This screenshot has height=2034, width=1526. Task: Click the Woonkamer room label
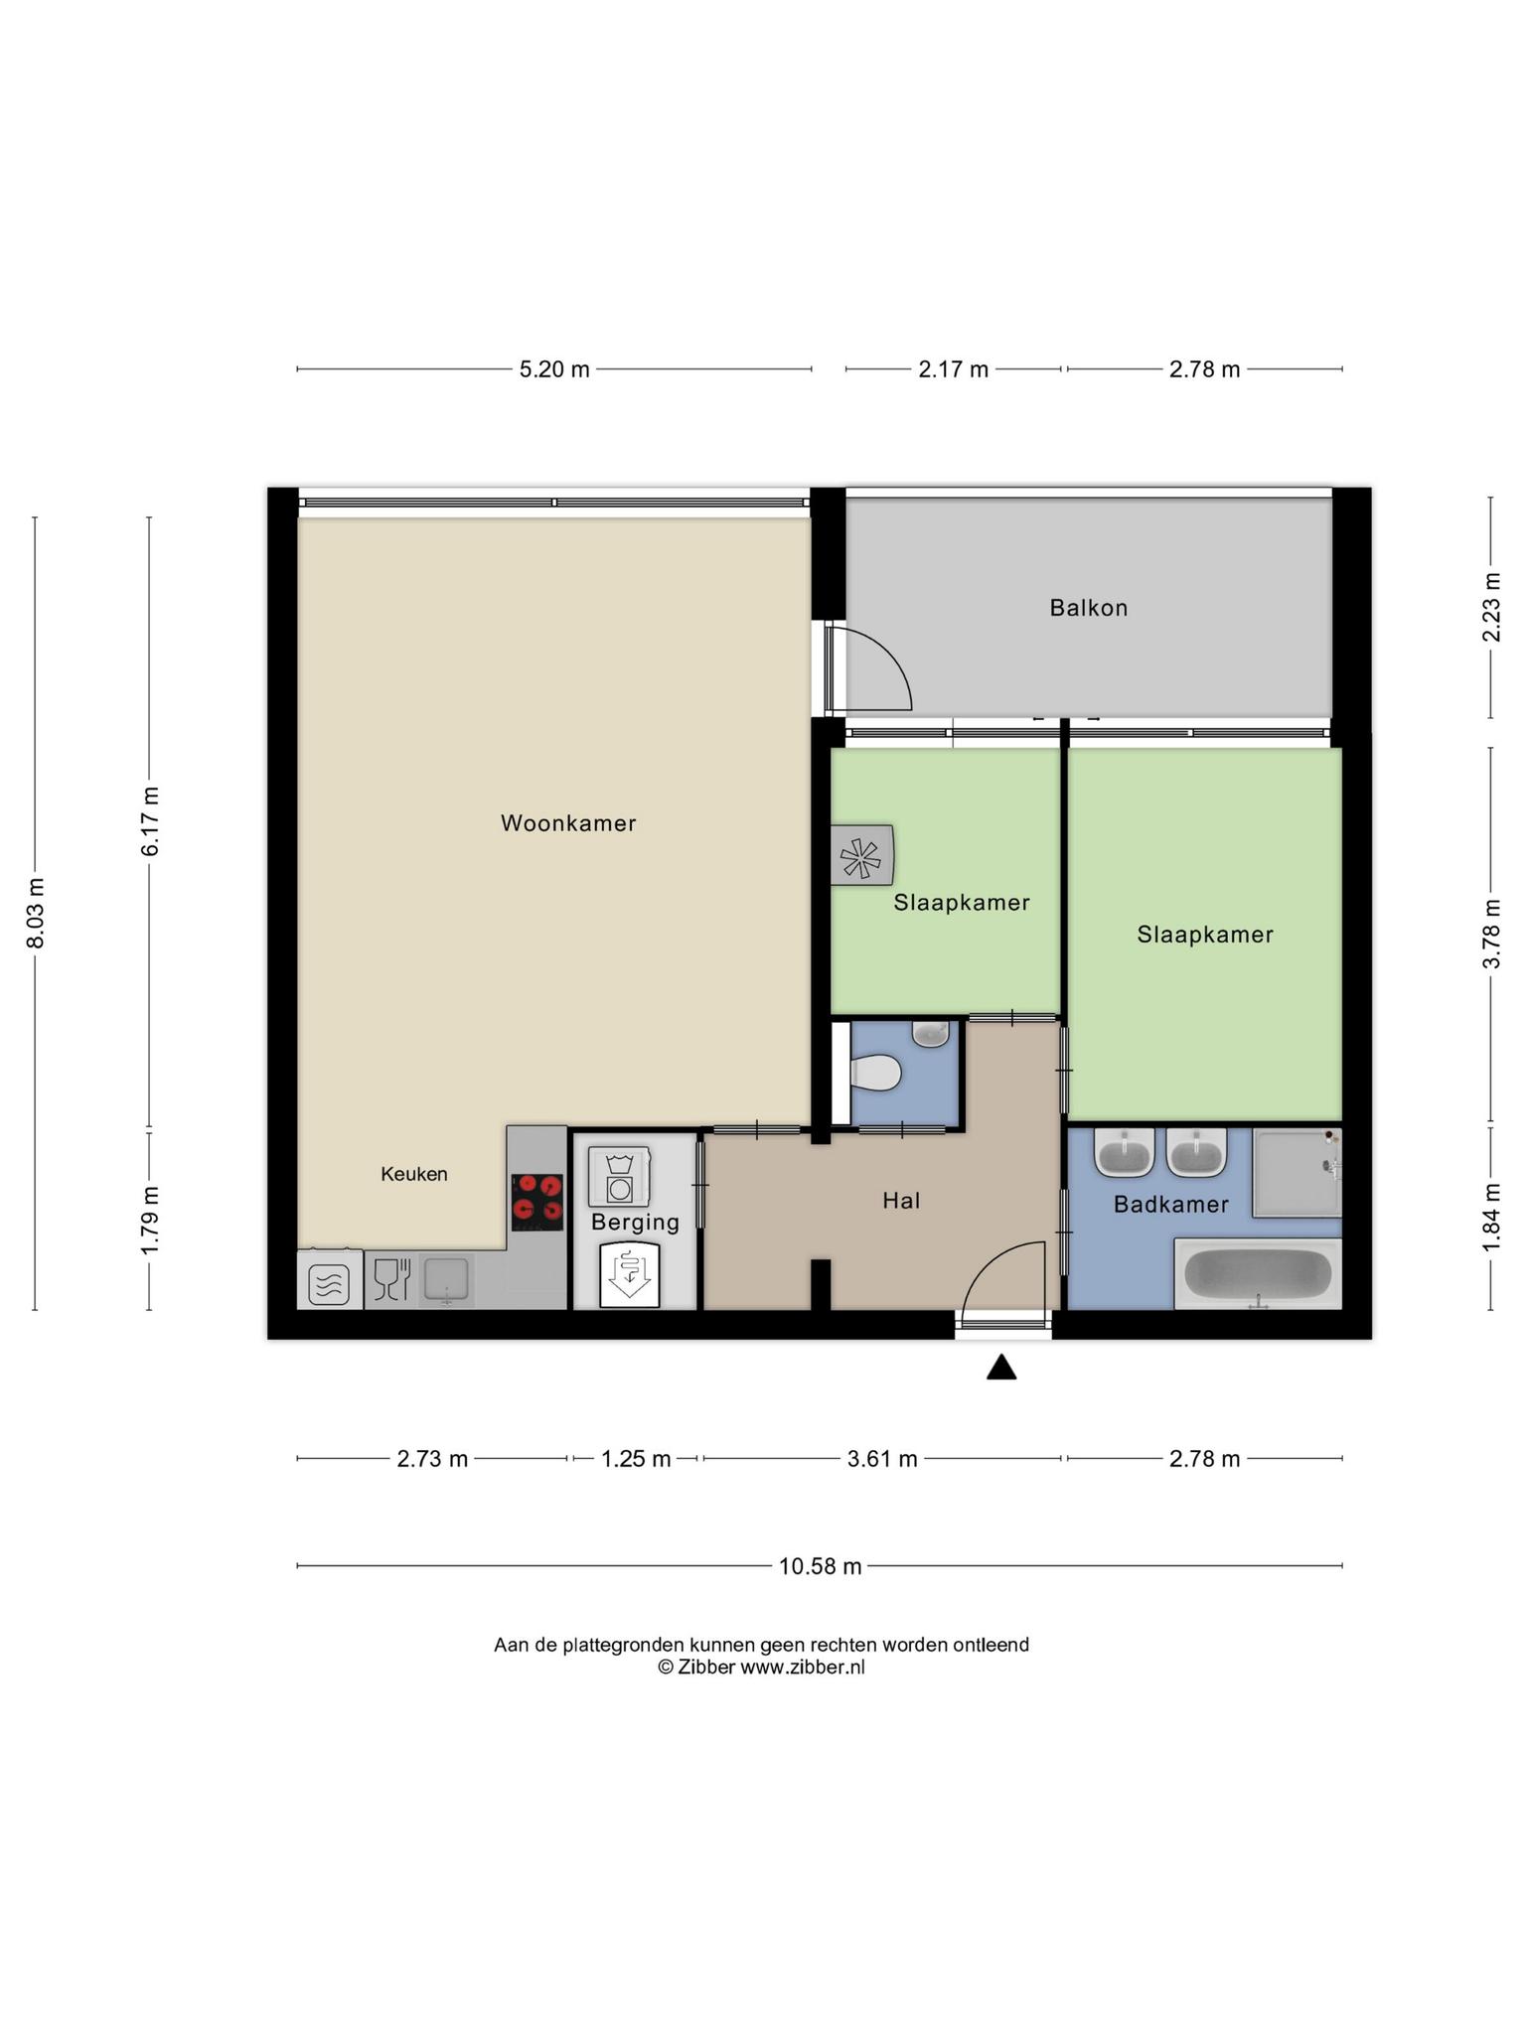point(568,823)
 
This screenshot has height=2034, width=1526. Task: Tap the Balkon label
point(1089,608)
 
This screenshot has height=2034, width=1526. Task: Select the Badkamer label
point(1171,1205)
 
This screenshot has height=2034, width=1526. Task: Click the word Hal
point(902,1201)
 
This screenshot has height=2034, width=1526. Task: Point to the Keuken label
point(414,1174)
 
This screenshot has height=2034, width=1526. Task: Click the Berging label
point(636,1223)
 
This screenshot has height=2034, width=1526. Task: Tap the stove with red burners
point(537,1203)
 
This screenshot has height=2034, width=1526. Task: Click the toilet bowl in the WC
point(876,1073)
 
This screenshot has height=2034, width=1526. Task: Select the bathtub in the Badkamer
point(1258,1274)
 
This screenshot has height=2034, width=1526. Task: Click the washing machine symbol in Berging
point(619,1178)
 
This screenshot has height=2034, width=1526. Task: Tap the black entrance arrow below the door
point(1001,1368)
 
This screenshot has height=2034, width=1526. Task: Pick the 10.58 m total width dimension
point(820,1566)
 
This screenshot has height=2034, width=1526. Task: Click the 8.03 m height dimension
point(36,913)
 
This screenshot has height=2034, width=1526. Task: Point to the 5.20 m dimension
point(554,369)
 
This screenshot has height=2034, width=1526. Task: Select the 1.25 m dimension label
point(636,1459)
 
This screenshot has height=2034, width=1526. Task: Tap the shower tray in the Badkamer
point(1297,1173)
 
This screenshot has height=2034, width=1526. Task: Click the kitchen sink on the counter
point(446,1280)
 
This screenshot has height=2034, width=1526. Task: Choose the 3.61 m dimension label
point(882,1459)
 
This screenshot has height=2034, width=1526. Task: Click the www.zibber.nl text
point(803,1668)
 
